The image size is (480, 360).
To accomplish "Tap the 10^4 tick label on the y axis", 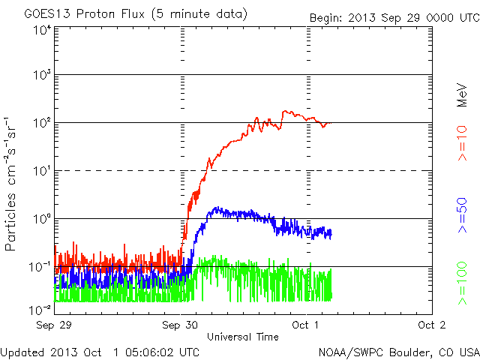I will [41, 31].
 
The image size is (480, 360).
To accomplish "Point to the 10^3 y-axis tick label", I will [41, 76].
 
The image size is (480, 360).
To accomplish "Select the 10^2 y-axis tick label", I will [41, 123].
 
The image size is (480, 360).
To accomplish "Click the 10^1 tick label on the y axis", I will [41, 171].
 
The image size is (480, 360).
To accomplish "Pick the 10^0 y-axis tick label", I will [41, 219].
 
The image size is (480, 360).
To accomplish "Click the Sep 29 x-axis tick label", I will [53, 325].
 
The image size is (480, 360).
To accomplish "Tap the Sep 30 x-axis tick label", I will [181, 325].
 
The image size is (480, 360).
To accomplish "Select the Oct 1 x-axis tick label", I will [305, 325].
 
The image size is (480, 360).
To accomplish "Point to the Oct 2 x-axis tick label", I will [431, 325].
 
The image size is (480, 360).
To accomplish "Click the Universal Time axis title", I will [242, 337].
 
